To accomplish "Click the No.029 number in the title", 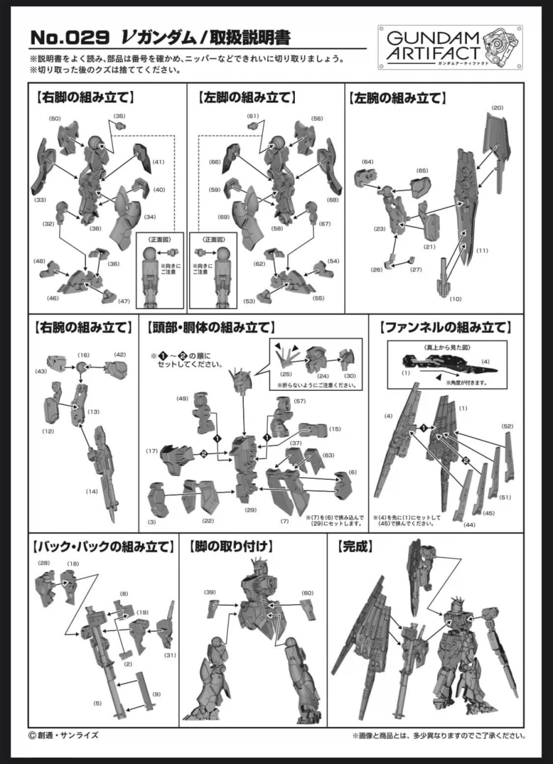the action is tap(70, 37).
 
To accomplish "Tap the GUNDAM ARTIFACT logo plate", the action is tap(450, 47).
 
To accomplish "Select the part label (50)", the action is tap(55, 119).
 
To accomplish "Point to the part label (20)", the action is tap(498, 108).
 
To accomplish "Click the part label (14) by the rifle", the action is tap(92, 491).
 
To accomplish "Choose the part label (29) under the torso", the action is tap(251, 510).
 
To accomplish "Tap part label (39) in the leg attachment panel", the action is tap(210, 592).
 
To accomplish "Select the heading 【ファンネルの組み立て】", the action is tap(445, 328).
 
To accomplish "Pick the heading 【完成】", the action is tap(355, 547).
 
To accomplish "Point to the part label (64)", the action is tap(367, 162).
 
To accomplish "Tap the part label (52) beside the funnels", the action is tap(508, 427).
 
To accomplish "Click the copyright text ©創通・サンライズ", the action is tap(64, 735).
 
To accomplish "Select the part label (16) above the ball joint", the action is tap(84, 355).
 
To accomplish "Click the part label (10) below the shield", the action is tap(455, 299).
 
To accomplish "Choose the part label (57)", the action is tap(300, 401).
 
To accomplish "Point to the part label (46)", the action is tap(52, 298).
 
